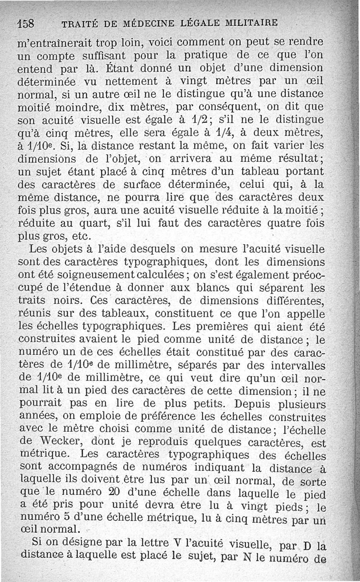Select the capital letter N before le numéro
click(246, 558)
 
